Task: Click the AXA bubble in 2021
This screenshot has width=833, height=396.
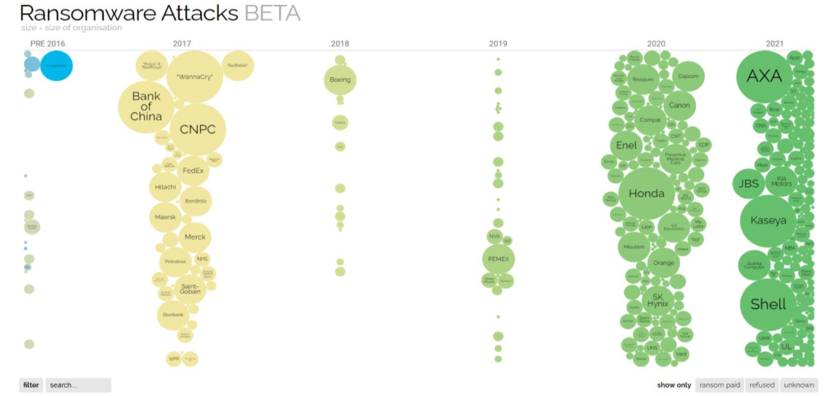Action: click(x=764, y=76)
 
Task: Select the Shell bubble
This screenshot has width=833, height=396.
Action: click(x=768, y=304)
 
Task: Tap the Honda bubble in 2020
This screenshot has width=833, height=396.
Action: click(x=648, y=194)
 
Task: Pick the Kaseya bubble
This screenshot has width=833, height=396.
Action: click(x=768, y=220)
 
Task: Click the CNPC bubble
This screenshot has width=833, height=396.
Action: click(x=196, y=129)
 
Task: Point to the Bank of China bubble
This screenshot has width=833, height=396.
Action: click(x=146, y=107)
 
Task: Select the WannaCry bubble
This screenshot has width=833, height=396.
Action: click(x=194, y=76)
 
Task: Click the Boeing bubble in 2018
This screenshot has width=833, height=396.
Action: click(x=340, y=80)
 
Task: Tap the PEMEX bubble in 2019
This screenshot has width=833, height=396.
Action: click(x=498, y=259)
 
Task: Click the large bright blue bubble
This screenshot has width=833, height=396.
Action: click(x=56, y=66)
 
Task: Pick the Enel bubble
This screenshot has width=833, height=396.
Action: click(x=626, y=146)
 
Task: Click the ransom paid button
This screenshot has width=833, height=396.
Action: click(x=719, y=385)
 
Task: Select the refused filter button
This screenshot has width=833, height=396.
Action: click(x=761, y=385)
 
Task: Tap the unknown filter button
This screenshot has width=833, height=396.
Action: click(x=799, y=385)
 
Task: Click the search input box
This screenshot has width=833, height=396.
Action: click(x=78, y=385)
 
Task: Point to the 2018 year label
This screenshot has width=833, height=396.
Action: click(x=340, y=43)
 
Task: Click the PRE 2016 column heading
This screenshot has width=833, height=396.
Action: click(x=48, y=43)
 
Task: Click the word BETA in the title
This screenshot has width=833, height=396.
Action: click(x=272, y=13)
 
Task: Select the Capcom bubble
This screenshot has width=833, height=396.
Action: click(x=687, y=76)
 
